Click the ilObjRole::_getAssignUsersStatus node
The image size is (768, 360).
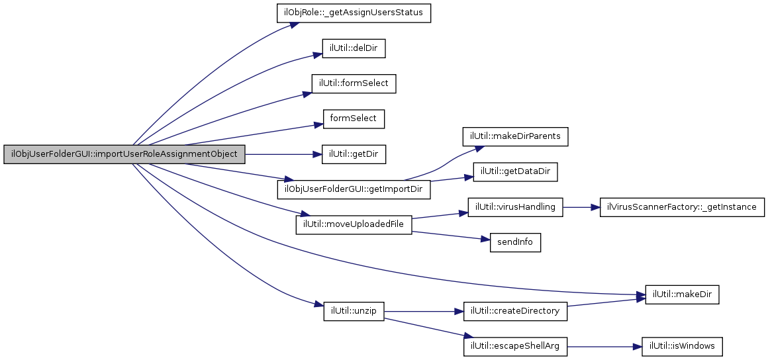pos(354,13)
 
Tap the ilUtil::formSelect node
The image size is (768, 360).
pos(354,84)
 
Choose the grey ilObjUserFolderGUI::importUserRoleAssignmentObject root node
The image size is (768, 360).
pos(124,155)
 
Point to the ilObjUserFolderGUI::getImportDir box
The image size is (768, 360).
pos(354,189)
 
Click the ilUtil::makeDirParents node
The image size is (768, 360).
pos(515,136)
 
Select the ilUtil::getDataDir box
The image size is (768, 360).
pos(515,171)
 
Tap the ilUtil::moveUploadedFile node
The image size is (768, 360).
pos(354,225)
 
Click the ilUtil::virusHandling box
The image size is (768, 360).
pos(515,207)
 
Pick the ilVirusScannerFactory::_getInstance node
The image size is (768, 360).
pos(681,207)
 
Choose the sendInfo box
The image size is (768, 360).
pos(515,243)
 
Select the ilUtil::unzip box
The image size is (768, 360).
pos(354,311)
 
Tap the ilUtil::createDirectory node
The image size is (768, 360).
pos(515,311)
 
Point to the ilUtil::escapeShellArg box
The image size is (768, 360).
pos(515,346)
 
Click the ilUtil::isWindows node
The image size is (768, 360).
pos(681,346)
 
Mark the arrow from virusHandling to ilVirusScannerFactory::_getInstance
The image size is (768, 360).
pos(581,207)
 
